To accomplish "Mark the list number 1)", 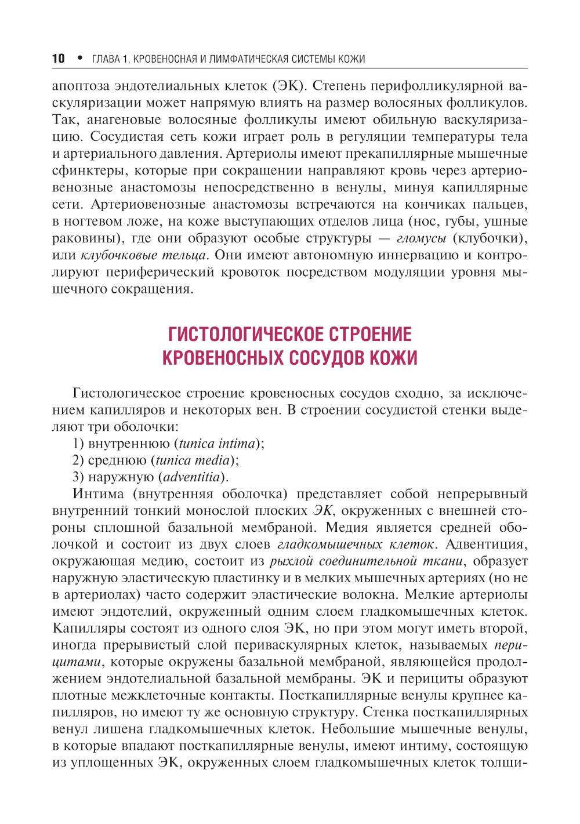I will coord(79,444).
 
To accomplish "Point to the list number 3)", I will coord(79,477).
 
